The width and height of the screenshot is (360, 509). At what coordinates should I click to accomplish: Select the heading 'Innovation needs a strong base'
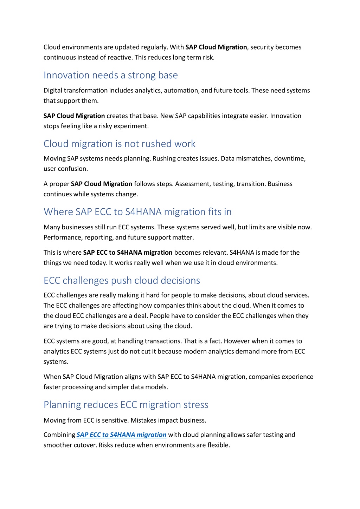coord(110,75)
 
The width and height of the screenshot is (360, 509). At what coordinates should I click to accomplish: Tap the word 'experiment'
coord(132,126)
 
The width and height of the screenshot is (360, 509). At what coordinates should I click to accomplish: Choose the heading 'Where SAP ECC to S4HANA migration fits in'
coord(137,212)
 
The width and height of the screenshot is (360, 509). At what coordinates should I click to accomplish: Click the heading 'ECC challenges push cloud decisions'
coord(122,280)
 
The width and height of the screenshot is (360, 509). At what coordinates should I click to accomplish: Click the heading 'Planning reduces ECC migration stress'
coord(126,405)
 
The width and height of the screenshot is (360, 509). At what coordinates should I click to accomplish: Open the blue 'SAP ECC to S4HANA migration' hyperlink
coord(121,435)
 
